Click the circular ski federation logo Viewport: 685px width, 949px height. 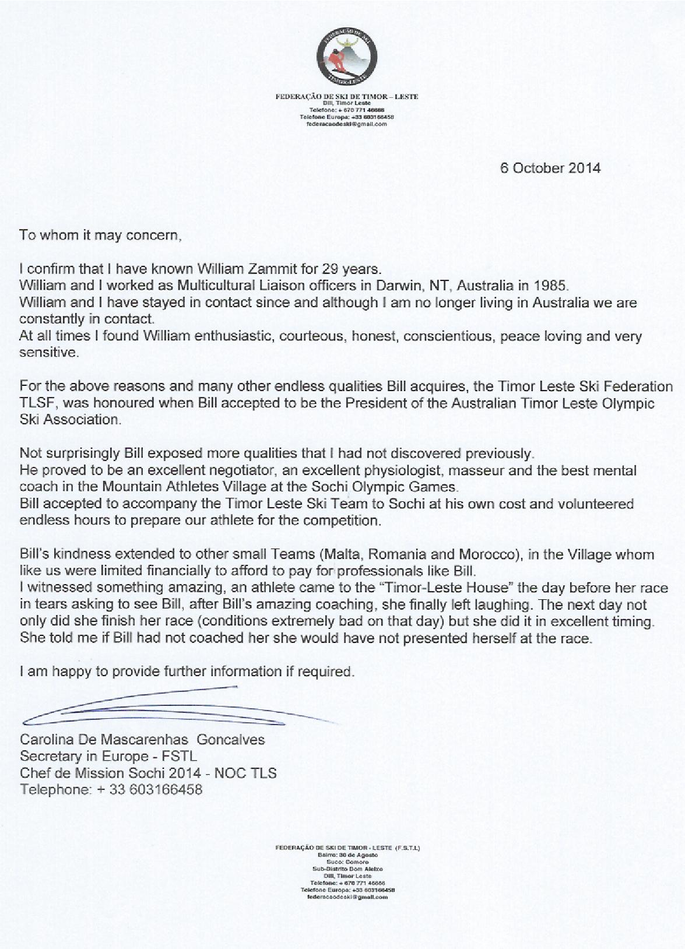click(x=347, y=57)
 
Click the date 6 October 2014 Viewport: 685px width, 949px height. click(x=550, y=168)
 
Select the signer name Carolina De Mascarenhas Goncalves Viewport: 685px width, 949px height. click(x=142, y=740)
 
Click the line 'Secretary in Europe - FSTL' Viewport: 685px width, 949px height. click(x=108, y=757)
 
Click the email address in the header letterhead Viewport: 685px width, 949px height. click(x=347, y=124)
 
